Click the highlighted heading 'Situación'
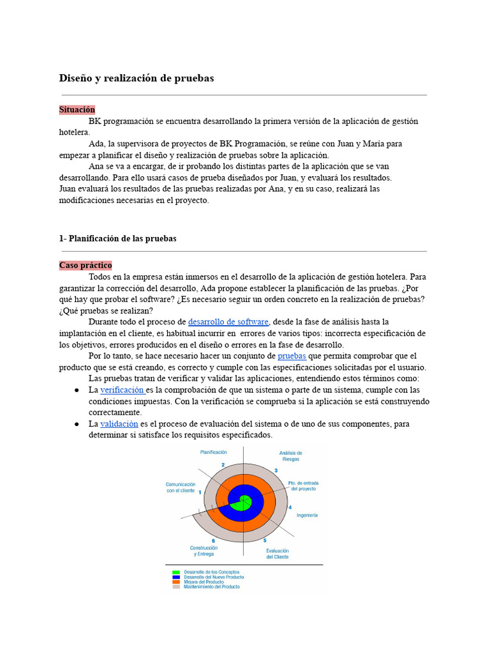tap(77, 110)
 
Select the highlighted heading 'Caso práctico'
tap(85, 265)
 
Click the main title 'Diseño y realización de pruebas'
tap(137, 78)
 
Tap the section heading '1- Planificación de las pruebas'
tap(117, 238)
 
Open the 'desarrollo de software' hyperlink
tap(228, 322)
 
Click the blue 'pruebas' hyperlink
tap(292, 356)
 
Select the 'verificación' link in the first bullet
tap(122, 390)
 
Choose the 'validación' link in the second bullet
tap(119, 423)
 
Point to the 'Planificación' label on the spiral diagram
tap(214, 452)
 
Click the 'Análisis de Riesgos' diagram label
tap(290, 456)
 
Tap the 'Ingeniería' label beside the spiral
tap(307, 515)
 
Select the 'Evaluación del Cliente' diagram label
tap(278, 554)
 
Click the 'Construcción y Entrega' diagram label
tap(204, 551)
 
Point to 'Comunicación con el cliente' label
tap(181, 488)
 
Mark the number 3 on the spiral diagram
tap(276, 471)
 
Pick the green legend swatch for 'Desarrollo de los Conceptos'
tap(176, 572)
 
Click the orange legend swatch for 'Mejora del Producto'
tap(176, 582)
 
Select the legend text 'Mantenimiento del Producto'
tap(212, 586)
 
